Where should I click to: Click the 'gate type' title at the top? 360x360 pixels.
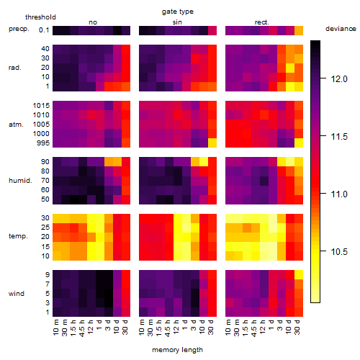coord(178,12)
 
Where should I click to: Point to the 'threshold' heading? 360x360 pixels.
coord(40,17)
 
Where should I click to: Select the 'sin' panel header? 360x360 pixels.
coord(177,22)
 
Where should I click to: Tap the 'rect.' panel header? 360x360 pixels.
coord(261,22)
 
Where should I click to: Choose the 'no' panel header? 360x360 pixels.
coord(93,22)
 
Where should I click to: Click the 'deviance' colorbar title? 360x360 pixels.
coord(341,29)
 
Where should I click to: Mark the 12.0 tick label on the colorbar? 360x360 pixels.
coord(339,79)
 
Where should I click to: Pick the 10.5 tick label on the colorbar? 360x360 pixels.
coord(339,252)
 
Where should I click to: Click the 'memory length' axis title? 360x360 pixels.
coord(177,350)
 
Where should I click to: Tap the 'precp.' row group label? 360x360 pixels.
coord(19,29)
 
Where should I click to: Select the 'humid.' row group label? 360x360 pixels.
coord(20,181)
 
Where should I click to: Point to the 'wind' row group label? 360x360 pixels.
coord(17,294)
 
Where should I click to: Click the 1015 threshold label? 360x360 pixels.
coord(41,106)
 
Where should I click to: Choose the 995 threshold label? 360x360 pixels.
coord(43,143)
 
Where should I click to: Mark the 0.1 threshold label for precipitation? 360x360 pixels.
coord(44,30)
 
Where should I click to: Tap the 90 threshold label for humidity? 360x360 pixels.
coord(45,162)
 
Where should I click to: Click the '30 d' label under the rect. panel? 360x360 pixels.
coord(297,327)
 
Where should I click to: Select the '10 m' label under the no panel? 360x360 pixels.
coord(55,328)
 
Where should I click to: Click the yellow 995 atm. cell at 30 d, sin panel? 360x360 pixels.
coord(212,143)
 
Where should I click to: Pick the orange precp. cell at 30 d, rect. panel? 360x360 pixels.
coord(299,30)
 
